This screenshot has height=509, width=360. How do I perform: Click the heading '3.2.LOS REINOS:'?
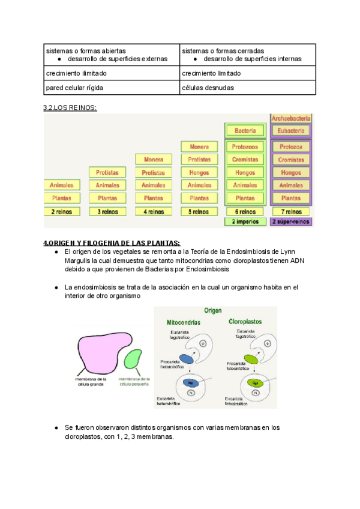coord(70,107)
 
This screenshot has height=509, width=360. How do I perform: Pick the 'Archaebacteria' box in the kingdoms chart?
coord(291,119)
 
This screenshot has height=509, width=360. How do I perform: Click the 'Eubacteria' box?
coord(291,130)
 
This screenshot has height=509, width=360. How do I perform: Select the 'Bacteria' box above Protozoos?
coord(245,130)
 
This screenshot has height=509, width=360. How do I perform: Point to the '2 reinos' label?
coord(62,211)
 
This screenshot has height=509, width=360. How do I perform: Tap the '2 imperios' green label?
coord(245,221)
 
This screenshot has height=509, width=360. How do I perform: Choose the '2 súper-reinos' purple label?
coord(291,221)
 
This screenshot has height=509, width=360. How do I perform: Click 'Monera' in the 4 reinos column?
coord(154,160)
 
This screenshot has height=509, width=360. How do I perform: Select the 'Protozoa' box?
coord(291,146)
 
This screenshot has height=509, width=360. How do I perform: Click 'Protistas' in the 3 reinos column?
coord(107,172)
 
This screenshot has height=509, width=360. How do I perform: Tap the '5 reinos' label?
coord(199,211)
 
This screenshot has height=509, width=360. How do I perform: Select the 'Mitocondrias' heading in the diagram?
coord(185,322)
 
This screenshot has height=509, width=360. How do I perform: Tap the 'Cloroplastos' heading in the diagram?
coord(245,322)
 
